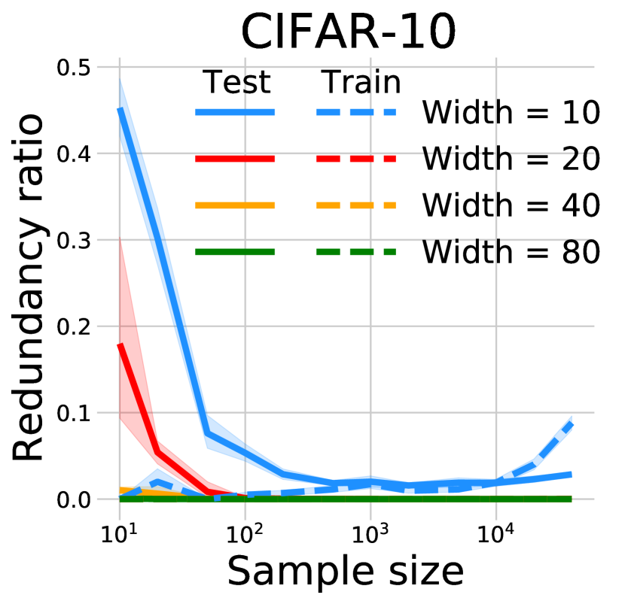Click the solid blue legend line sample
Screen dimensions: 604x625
[x=235, y=112]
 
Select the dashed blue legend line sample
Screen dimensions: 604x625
[x=355, y=112]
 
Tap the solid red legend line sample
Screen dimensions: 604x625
[x=235, y=159]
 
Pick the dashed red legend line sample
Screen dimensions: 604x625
[x=355, y=159]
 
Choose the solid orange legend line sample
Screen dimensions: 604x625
[x=235, y=205]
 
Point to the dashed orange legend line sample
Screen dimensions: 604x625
[x=355, y=205]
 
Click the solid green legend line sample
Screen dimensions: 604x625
[x=235, y=252]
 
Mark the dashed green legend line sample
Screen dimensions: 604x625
[x=355, y=252]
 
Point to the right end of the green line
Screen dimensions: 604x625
[x=571, y=499]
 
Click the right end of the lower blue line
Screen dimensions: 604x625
[x=571, y=475]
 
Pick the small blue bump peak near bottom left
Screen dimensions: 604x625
[x=157, y=470]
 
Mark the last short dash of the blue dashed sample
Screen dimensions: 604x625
[x=389, y=112]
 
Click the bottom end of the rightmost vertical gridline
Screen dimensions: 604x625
[x=495, y=520]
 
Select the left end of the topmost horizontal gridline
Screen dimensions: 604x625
[x=97, y=67]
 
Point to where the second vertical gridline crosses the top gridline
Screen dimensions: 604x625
[x=245, y=67]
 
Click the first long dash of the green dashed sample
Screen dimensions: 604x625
[x=328, y=252]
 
